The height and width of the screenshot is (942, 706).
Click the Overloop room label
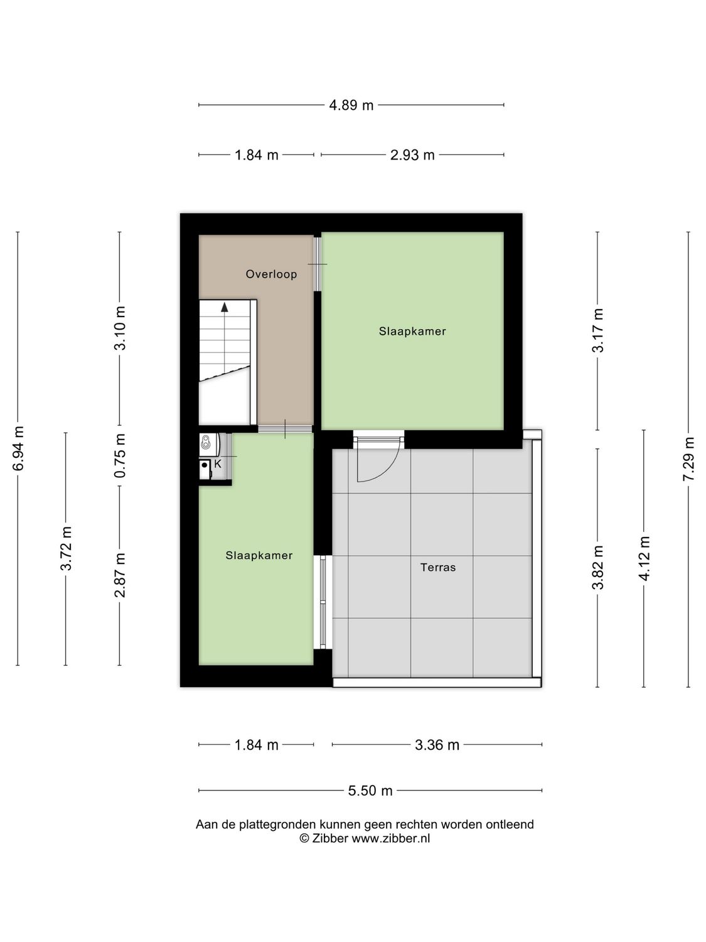click(271, 274)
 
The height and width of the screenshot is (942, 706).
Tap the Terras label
click(438, 567)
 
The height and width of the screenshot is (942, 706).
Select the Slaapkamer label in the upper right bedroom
click(412, 331)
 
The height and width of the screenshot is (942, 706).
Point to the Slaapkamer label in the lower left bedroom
click(259, 555)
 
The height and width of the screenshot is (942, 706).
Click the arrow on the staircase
click(224, 307)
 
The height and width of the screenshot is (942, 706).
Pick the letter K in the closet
click(218, 464)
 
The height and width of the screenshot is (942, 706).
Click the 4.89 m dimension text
click(351, 106)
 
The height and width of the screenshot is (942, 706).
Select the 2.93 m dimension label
click(412, 155)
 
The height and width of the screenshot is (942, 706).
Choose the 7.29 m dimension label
click(688, 459)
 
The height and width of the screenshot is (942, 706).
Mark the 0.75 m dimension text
click(120, 456)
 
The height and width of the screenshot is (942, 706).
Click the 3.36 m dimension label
click(437, 745)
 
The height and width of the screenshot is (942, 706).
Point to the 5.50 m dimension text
click(370, 791)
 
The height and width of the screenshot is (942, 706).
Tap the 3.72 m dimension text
click(66, 549)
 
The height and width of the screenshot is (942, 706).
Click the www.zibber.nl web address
click(390, 838)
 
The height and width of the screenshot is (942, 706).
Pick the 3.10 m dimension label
click(120, 328)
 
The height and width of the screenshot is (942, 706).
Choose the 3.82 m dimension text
click(597, 567)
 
